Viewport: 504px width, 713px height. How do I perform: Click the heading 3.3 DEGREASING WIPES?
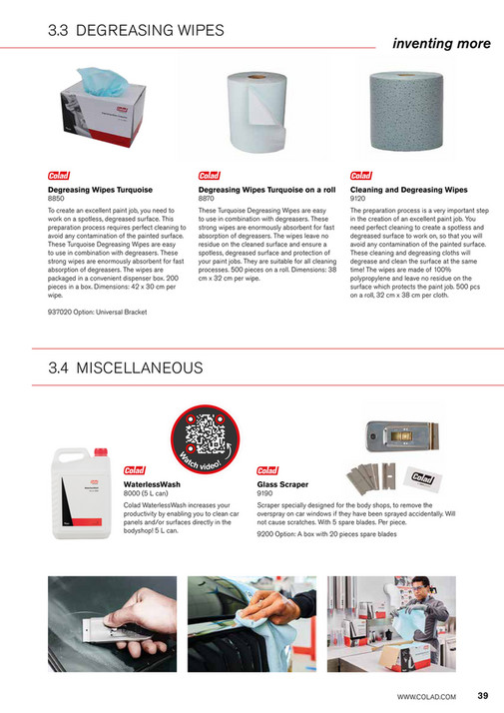pos(136,31)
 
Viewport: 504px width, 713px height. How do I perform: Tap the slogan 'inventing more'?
pos(440,43)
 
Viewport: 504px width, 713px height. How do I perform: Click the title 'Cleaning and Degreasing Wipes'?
pos(408,189)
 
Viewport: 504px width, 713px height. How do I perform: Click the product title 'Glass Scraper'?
pos(282,483)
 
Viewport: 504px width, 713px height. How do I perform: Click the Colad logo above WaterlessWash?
pos(134,470)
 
